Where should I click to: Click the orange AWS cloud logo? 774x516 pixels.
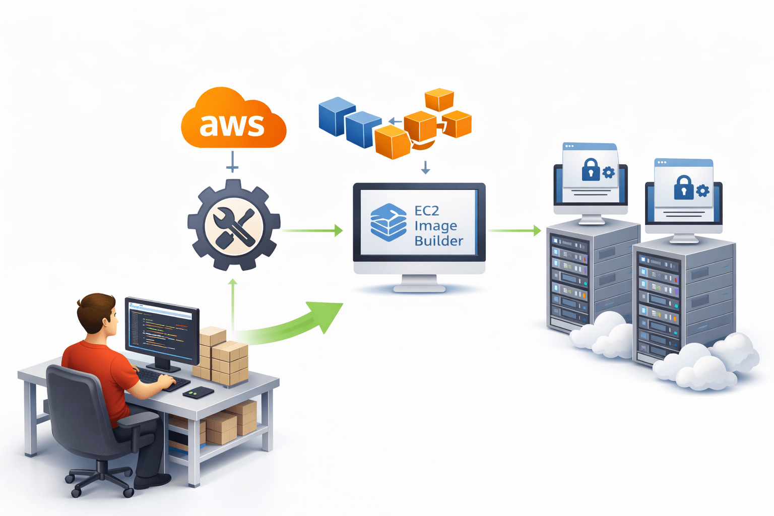(x=233, y=121)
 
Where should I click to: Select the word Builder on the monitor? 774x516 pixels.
(x=438, y=241)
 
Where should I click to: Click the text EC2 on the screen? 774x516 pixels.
(x=427, y=211)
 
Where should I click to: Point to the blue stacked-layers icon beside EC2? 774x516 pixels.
(x=388, y=222)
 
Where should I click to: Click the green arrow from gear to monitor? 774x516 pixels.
(x=312, y=230)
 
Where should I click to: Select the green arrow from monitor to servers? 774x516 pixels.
(x=514, y=230)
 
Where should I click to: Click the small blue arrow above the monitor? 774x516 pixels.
(x=425, y=167)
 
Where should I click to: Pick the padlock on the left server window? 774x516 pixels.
(x=590, y=170)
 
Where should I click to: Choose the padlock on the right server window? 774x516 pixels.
(x=683, y=187)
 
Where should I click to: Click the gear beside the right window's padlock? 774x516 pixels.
(x=702, y=190)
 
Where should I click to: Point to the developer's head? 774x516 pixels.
(x=98, y=312)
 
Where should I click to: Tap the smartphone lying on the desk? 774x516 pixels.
(x=198, y=393)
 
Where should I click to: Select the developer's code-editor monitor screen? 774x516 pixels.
(x=161, y=330)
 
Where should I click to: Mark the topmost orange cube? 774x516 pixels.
(x=439, y=99)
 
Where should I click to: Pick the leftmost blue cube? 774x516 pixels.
(x=336, y=116)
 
